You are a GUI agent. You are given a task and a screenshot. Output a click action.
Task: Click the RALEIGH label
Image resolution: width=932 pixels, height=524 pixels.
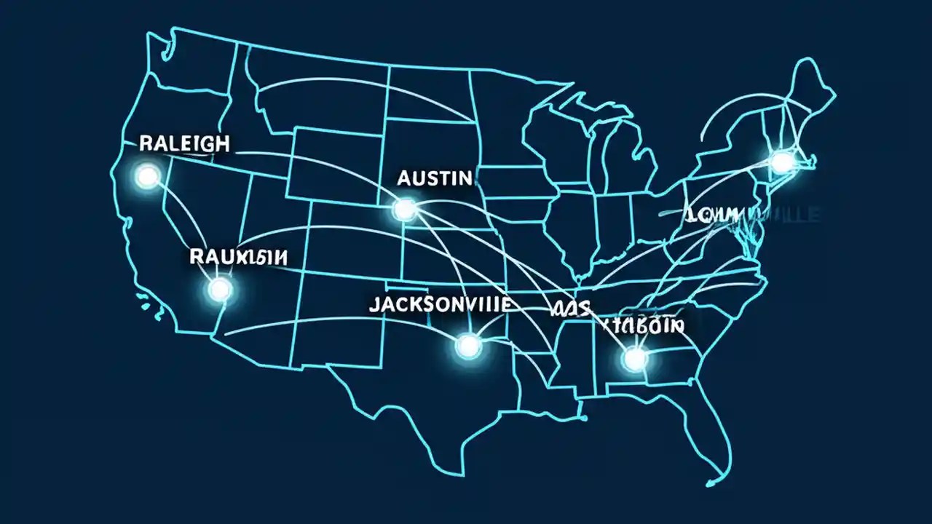click(183, 143)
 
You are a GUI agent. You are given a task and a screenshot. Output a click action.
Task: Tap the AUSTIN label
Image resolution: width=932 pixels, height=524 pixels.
click(435, 178)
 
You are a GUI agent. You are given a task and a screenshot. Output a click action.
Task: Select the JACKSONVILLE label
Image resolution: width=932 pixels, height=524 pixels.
click(439, 304)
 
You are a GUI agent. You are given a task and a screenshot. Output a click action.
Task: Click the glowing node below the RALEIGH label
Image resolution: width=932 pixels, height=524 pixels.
click(148, 176)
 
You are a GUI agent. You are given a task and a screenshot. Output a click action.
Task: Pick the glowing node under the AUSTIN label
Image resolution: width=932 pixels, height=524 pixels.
click(403, 210)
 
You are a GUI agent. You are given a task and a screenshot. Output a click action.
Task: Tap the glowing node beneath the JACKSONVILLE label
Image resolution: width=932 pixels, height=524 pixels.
click(468, 345)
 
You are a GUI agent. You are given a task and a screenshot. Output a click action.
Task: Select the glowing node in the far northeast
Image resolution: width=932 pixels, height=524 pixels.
click(783, 162)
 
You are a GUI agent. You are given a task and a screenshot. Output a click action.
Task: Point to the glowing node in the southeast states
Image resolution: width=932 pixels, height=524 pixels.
click(635, 358)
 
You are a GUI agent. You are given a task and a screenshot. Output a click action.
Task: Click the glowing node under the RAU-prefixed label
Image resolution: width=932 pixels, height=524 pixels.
click(219, 290)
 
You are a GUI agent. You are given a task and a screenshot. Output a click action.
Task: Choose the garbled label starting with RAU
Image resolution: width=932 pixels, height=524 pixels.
click(237, 256)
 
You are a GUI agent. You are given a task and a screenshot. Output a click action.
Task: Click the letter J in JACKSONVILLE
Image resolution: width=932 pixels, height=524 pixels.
click(374, 305)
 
